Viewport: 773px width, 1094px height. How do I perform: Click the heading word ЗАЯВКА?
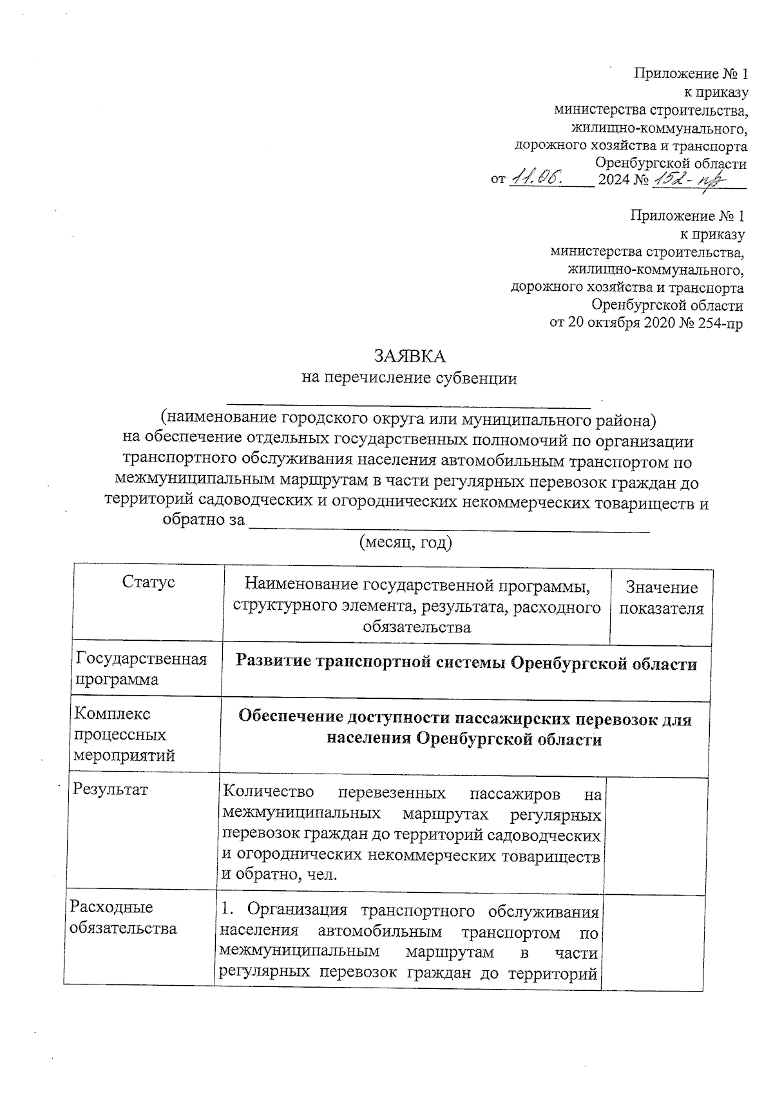(x=410, y=356)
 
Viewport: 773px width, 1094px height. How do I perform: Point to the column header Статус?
(x=148, y=582)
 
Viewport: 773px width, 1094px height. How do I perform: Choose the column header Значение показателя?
(x=662, y=598)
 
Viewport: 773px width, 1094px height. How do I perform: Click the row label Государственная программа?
(x=141, y=669)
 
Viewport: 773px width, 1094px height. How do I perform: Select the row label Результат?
(x=110, y=790)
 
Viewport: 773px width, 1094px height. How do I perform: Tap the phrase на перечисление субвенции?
(x=410, y=378)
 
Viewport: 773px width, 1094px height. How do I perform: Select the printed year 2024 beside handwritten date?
(x=614, y=180)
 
